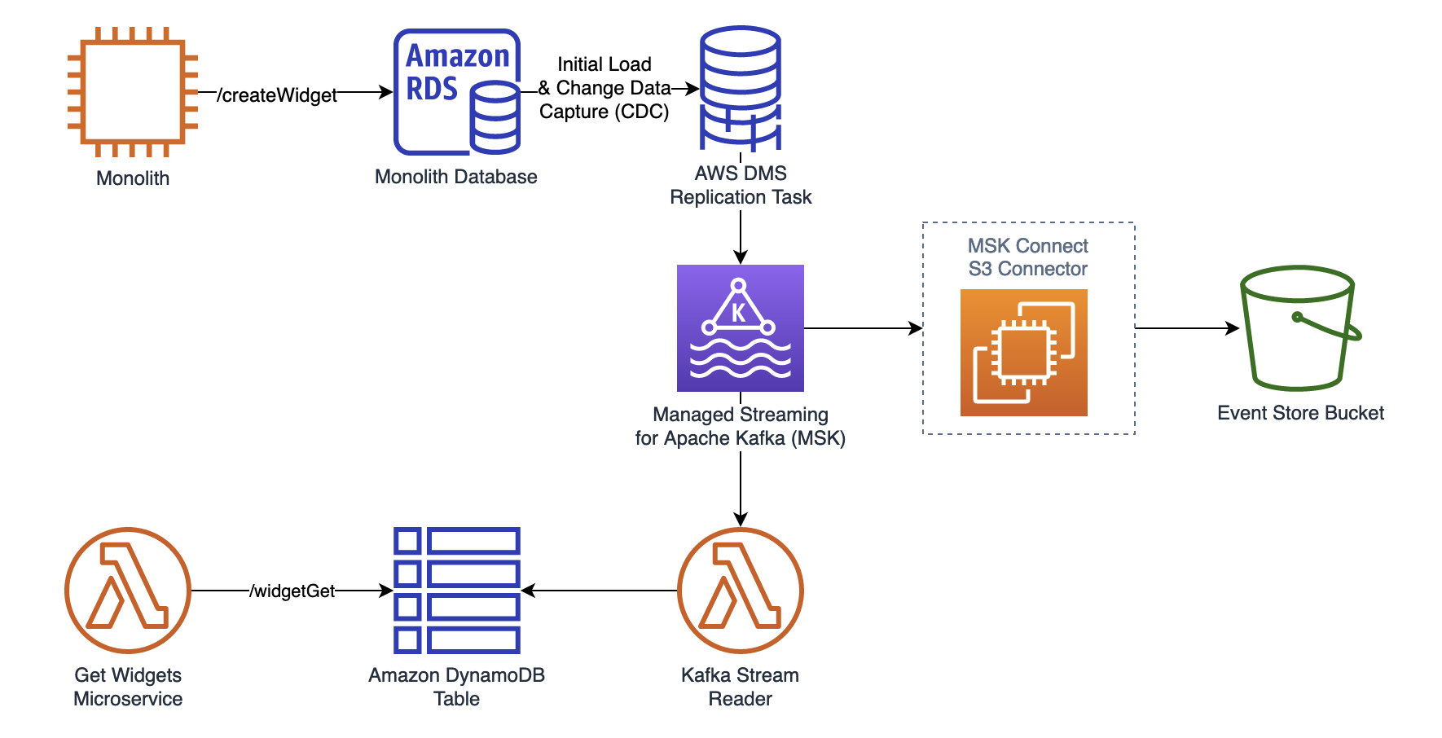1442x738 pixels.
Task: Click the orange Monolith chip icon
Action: pyautogui.click(x=133, y=92)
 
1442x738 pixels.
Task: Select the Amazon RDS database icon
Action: pyautogui.click(x=457, y=92)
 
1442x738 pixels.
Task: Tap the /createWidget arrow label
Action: pyautogui.click(x=277, y=95)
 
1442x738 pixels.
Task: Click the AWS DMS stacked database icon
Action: pyautogui.click(x=741, y=89)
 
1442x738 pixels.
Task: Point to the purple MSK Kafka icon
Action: pyautogui.click(x=741, y=328)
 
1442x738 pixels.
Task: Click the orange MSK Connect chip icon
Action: pyautogui.click(x=1024, y=353)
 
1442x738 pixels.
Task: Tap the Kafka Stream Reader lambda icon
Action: pyautogui.click(x=741, y=591)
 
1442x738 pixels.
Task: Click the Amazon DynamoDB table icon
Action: pyautogui.click(x=457, y=591)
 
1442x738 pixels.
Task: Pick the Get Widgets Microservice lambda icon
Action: pyautogui.click(x=128, y=591)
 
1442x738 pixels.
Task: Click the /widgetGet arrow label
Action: pyautogui.click(x=292, y=591)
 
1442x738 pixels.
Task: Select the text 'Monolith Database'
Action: pyautogui.click(x=456, y=177)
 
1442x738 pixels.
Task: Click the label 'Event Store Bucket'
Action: pyautogui.click(x=1300, y=413)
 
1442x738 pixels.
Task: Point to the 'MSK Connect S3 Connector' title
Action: pyautogui.click(x=1028, y=257)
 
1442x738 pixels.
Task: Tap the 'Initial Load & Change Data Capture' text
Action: pyautogui.click(x=604, y=88)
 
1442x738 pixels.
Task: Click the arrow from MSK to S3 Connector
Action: pyautogui.click(x=864, y=328)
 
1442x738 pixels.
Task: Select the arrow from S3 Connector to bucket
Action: pyautogui.click(x=1186, y=328)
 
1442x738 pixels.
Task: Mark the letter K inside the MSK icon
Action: pyautogui.click(x=738, y=313)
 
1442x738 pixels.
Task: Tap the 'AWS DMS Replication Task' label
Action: pyautogui.click(x=741, y=185)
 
